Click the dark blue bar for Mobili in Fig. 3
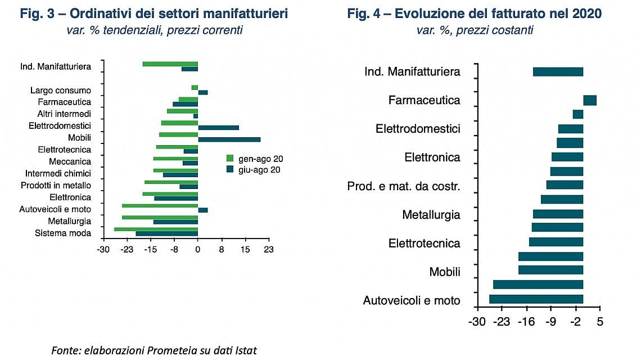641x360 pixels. [x=229, y=139]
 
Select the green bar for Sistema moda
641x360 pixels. [x=156, y=229]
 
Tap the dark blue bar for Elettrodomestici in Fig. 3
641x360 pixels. [x=219, y=128]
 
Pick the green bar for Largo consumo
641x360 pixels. [x=195, y=88]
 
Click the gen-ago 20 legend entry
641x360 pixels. [x=255, y=159]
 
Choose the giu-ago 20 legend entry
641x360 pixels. [x=254, y=170]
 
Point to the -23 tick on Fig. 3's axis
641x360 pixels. [x=127, y=250]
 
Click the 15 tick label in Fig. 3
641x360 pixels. [x=245, y=250]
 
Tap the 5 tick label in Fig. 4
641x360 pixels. [x=600, y=322]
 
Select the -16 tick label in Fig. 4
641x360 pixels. [x=526, y=322]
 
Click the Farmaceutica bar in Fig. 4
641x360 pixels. [x=589, y=100]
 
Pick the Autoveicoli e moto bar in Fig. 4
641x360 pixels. [x=536, y=299]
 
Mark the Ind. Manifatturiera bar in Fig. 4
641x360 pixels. [x=558, y=71]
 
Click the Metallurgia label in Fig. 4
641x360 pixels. [x=431, y=215]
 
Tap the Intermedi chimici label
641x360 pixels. [x=58, y=173]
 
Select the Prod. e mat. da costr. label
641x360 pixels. [x=404, y=186]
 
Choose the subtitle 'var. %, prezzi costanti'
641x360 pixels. [x=475, y=30]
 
